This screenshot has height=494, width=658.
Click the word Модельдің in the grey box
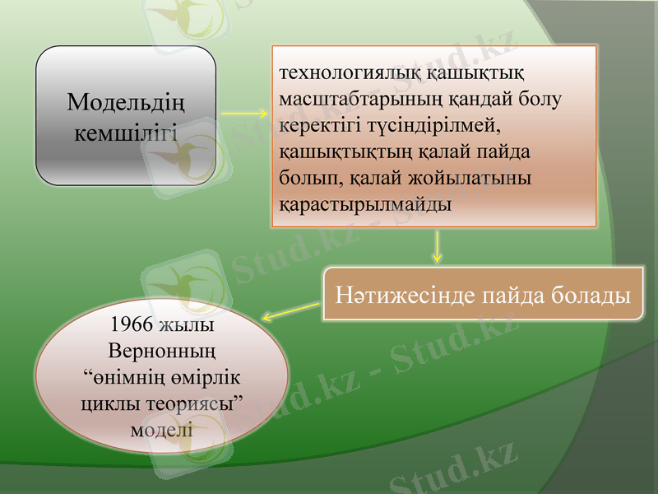[126, 104]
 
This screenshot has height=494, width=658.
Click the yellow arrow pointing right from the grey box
[244, 113]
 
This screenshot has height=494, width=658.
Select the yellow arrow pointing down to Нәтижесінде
[437, 246]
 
